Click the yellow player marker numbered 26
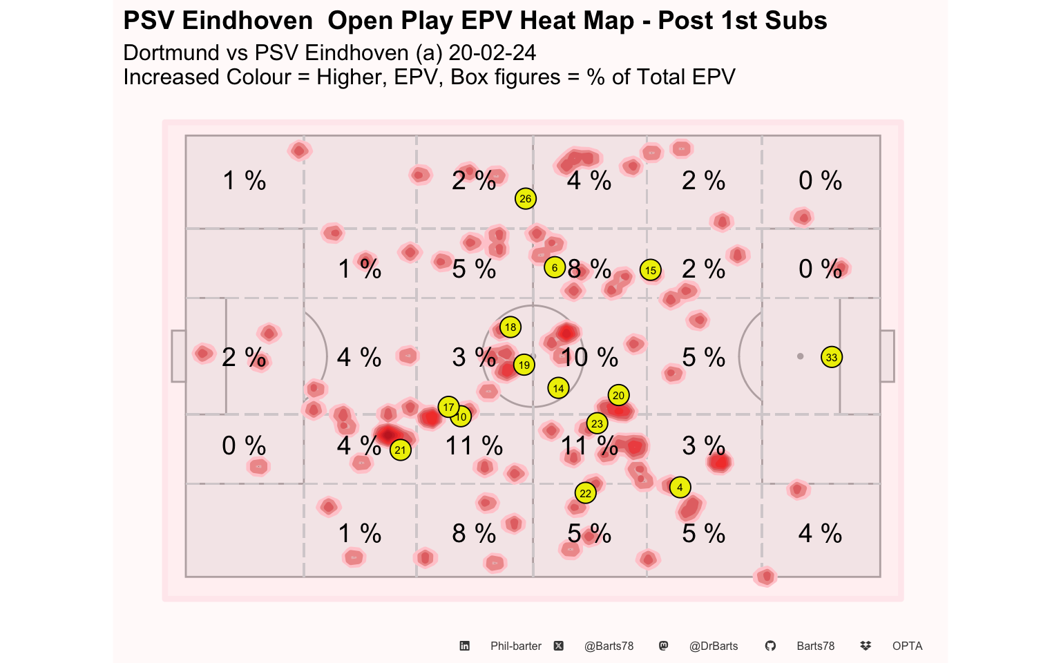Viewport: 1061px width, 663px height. coord(525,198)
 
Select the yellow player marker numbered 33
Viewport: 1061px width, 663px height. coord(832,357)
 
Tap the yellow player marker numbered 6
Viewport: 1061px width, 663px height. coord(555,267)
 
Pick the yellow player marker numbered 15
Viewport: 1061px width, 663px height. coord(650,270)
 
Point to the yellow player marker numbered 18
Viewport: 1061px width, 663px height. coord(510,327)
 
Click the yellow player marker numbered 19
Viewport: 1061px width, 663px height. coord(524,365)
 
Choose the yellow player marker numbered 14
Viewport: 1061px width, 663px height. coord(558,388)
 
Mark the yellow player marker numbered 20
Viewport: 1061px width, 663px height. coord(619,395)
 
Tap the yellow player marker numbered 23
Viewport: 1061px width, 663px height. coord(597,423)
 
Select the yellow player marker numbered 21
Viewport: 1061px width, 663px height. coord(400,450)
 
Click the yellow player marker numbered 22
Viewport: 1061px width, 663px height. coord(586,493)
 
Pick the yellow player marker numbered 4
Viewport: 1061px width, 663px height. coord(680,487)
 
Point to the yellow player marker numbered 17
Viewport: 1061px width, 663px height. coord(448,406)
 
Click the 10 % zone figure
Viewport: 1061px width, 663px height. coord(590,357)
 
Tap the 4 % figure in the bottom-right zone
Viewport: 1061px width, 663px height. coord(820,533)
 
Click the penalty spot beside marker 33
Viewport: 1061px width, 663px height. coord(800,356)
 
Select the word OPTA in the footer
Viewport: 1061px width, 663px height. coord(907,646)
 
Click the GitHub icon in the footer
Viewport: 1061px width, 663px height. coord(770,646)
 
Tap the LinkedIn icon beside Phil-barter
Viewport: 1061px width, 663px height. coord(465,646)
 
